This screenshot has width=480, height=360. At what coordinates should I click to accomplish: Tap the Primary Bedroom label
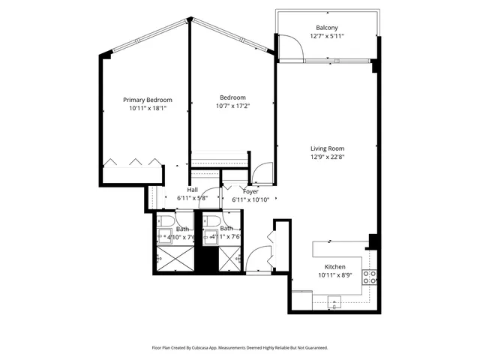point(148,100)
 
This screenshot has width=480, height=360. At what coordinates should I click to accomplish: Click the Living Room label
point(327,148)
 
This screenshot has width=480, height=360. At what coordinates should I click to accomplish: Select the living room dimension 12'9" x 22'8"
point(327,157)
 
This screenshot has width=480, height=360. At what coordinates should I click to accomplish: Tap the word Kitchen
point(334,268)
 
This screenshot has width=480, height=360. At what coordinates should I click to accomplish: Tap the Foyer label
point(239,190)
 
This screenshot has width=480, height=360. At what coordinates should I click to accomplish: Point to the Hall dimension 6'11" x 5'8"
point(192,198)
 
